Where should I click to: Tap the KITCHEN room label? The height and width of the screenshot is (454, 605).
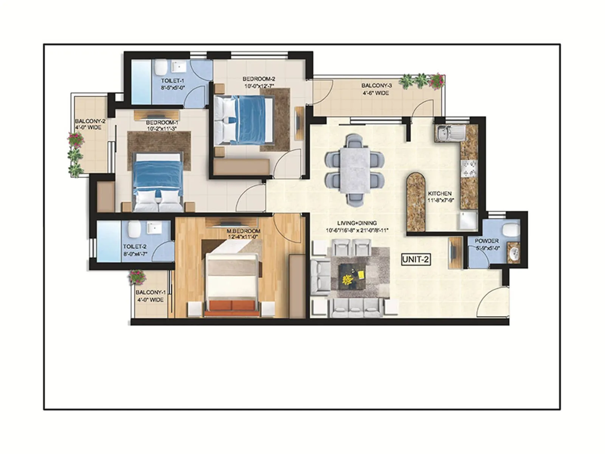tap(440, 194)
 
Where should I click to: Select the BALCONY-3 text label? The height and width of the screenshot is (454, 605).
tap(376, 86)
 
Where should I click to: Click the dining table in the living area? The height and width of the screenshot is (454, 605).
tap(355, 170)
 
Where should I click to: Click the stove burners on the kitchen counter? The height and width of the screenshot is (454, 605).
tap(468, 169)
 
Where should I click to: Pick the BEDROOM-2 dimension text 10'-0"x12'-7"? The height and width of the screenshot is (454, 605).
tap(259, 86)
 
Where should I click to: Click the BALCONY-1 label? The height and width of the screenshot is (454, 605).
tap(150, 292)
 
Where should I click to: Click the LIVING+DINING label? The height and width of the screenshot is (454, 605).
tap(357, 223)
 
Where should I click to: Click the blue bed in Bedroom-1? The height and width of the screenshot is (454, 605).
tap(158, 174)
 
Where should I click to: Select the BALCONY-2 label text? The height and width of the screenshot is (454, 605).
tap(90, 121)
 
